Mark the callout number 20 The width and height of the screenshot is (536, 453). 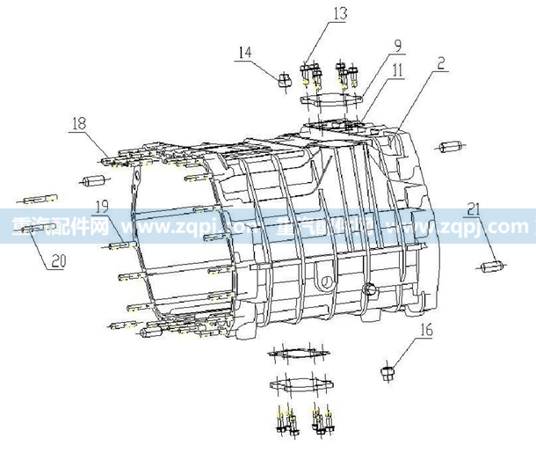pos(58,260)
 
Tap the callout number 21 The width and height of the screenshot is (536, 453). pos(474,208)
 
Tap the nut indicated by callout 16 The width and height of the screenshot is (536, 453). pos(385,373)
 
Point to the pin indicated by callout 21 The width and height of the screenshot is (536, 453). pos(489,265)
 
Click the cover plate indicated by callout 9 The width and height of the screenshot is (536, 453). pos(333,104)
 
